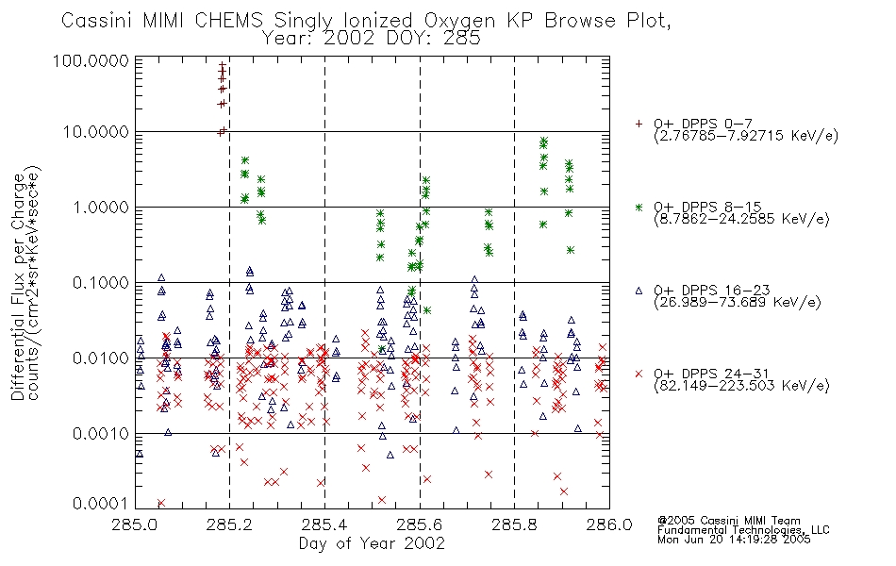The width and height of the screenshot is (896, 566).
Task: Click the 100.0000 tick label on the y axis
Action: coord(91,61)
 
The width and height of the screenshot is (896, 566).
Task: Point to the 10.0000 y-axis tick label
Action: coord(96,132)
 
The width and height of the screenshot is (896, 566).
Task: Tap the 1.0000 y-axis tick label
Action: coord(101,208)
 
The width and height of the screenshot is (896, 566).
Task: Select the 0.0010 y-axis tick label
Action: coord(101,434)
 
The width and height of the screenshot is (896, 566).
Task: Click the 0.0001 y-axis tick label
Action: coord(101,504)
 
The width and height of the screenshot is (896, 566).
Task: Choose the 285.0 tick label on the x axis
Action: coord(135,524)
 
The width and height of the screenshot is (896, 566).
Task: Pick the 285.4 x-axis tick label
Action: coord(324,524)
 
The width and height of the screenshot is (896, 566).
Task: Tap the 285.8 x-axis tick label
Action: coord(514,524)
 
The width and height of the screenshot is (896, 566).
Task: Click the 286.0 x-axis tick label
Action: coord(609,524)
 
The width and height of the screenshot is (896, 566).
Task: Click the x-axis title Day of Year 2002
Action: coord(372,543)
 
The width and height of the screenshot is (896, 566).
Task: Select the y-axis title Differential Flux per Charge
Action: coord(18,287)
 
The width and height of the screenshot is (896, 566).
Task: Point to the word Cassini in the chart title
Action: coord(96,21)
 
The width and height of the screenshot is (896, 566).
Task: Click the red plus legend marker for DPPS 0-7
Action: coord(639,124)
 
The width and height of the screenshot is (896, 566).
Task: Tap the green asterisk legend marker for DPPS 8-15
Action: coord(639,207)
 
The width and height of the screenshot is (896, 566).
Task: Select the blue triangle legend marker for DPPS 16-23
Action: coord(639,291)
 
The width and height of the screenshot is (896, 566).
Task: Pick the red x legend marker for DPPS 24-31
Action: coord(639,374)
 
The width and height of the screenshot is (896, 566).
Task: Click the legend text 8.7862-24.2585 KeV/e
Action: coord(741,219)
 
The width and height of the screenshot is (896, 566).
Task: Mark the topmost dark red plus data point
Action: coord(223,66)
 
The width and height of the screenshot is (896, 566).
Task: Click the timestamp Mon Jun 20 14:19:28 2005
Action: coord(734,540)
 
